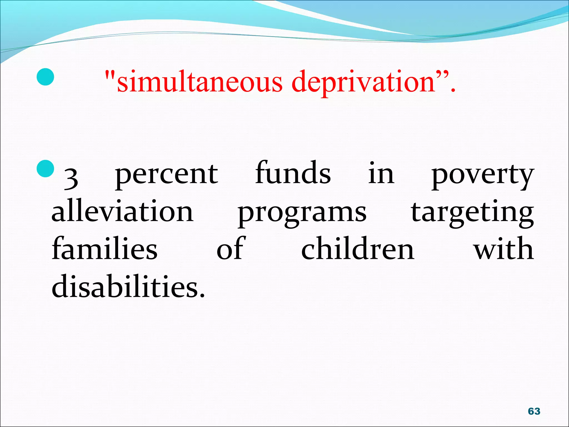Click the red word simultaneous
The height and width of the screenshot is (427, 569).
(199, 82)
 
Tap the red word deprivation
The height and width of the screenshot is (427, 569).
(364, 82)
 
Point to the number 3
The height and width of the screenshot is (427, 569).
(71, 178)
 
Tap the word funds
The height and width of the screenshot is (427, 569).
(293, 173)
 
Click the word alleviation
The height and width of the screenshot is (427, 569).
(123, 211)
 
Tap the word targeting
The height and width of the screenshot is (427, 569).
(472, 213)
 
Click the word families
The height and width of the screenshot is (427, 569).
(105, 248)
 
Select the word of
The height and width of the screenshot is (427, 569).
(231, 248)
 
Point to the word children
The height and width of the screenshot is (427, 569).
(358, 248)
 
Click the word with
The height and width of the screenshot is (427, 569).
(503, 248)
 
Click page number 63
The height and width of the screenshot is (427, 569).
(534, 411)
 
